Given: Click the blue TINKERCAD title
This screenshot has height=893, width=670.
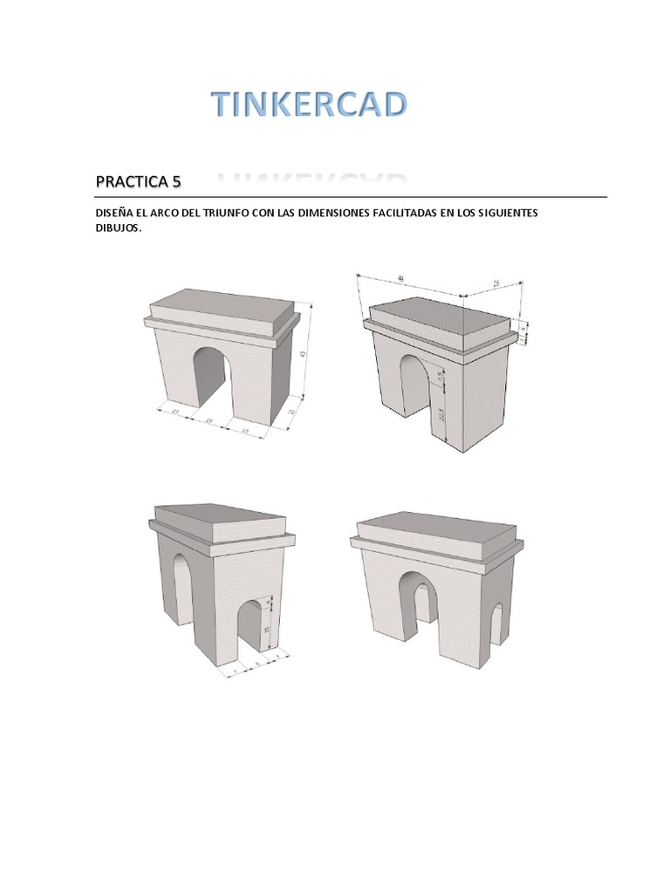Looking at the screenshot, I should (310, 105).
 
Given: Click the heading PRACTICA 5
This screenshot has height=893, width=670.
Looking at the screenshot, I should (138, 182).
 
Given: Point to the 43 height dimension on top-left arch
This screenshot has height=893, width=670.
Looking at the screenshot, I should (303, 353).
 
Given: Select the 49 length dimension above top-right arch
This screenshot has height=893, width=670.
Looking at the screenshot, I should (400, 279).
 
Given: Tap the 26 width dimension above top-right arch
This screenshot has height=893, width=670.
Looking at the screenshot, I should (496, 283).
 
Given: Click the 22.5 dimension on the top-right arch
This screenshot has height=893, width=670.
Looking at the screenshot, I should (441, 412).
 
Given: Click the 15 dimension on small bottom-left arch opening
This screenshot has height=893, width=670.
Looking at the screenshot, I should (268, 628).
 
